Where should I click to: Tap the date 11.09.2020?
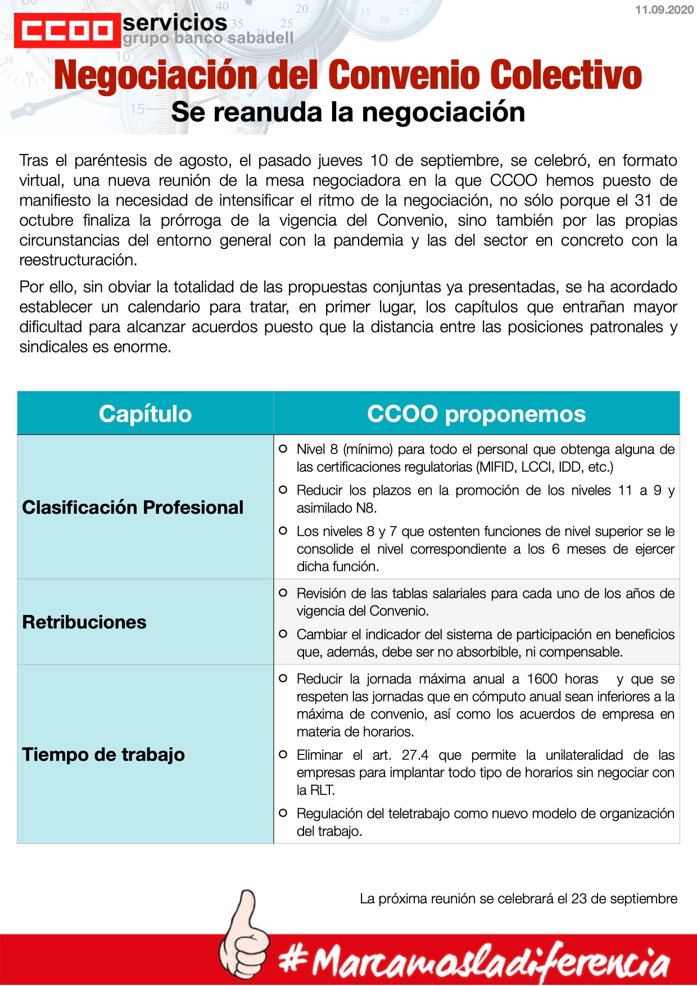664,10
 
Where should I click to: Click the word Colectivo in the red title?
565,75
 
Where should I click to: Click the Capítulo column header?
145,414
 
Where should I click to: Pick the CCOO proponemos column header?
476,414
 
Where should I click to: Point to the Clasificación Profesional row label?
133,507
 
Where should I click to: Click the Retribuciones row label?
84,622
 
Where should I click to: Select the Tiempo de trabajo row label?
103,754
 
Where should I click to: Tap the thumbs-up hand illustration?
243,933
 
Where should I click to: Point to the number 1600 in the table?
542,679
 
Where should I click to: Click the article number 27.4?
415,755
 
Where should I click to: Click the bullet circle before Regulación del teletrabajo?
283,813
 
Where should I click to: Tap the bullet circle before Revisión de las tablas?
283,593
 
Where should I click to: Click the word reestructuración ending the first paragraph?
78,260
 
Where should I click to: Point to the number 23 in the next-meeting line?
579,899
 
